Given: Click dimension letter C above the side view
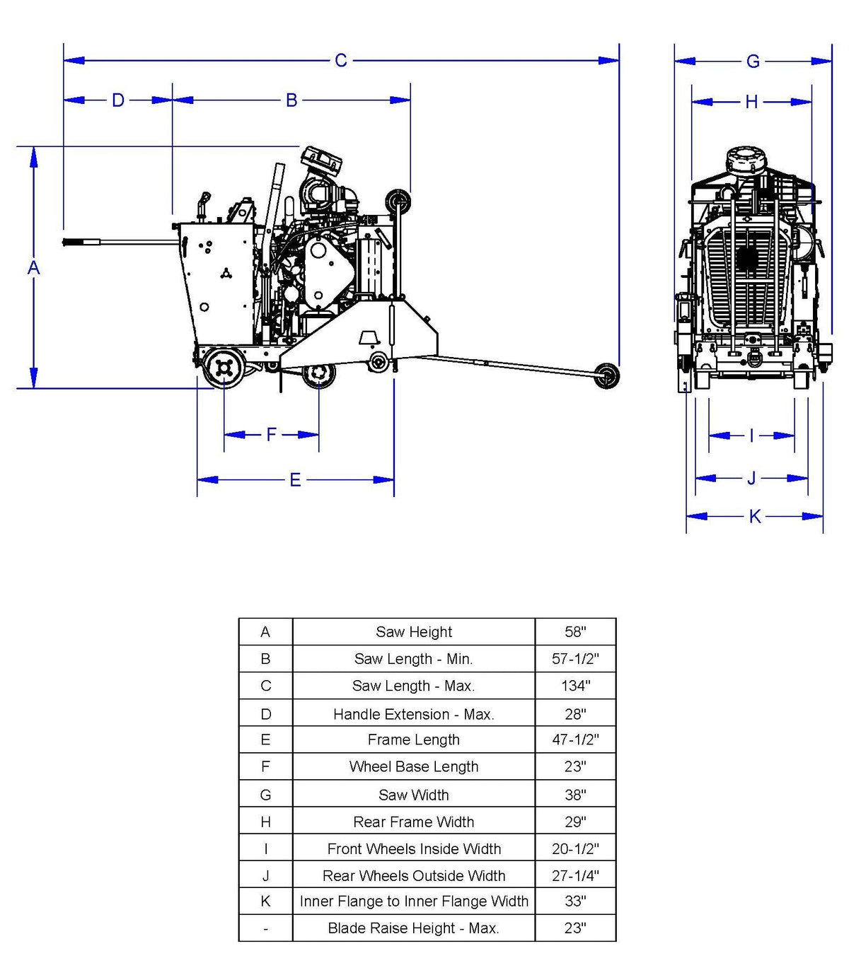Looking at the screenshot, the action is [340, 61].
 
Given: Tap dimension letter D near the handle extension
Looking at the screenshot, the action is [118, 100].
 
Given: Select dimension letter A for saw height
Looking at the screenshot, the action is [33, 268].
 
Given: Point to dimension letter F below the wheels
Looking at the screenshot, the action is [271, 434].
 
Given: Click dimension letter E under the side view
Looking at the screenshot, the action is [295, 480].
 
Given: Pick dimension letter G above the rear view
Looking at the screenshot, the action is [753, 62].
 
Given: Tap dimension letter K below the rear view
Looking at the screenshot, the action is [755, 516].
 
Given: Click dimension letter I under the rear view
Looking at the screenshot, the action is [751, 436].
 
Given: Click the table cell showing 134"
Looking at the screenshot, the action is [575, 685].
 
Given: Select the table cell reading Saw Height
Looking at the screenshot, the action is [414, 632].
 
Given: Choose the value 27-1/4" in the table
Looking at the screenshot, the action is [575, 875].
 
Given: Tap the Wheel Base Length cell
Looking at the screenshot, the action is [414, 766].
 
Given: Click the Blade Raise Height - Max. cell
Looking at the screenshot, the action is [414, 928].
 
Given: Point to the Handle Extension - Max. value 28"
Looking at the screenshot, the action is [575, 713].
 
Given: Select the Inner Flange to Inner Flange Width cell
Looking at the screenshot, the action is [414, 901].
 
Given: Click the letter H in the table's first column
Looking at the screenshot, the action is [265, 822].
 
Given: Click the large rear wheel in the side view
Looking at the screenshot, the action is [224, 368].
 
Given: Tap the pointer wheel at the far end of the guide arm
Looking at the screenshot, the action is [606, 376].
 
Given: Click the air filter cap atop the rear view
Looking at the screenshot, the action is [746, 160].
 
